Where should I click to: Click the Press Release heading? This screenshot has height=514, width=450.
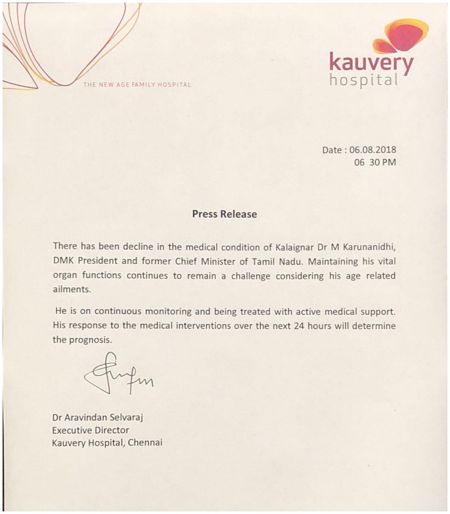click(x=224, y=214)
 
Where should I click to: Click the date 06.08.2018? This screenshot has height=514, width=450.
click(x=373, y=150)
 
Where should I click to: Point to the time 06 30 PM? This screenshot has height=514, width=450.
click(x=375, y=163)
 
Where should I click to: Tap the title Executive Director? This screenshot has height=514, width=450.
click(x=91, y=430)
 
